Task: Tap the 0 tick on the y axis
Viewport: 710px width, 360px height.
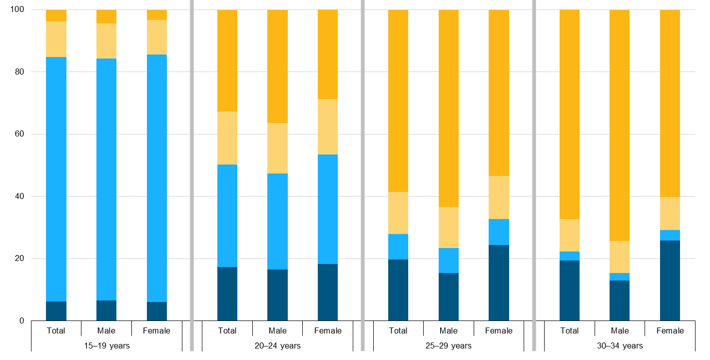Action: pyautogui.click(x=21, y=321)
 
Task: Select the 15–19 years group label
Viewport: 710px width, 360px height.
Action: pyautogui.click(x=106, y=345)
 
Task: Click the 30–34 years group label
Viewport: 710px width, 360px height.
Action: pyautogui.click(x=620, y=345)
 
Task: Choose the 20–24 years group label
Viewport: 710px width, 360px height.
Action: pyautogui.click(x=277, y=345)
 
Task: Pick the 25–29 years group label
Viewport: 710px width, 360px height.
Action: pyautogui.click(x=448, y=345)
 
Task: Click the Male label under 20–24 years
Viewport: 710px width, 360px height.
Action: pyautogui.click(x=277, y=330)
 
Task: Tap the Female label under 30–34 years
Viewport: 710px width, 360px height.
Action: pyautogui.click(x=670, y=330)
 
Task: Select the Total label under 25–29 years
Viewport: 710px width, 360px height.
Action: pyautogui.click(x=398, y=330)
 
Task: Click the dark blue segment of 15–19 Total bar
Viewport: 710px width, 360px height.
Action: pyautogui.click(x=56, y=311)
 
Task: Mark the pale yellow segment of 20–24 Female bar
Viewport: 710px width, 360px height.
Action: pyautogui.click(x=328, y=126)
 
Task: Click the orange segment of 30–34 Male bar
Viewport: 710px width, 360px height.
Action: pyautogui.click(x=620, y=125)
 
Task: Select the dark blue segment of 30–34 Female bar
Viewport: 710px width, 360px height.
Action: pyautogui.click(x=670, y=280)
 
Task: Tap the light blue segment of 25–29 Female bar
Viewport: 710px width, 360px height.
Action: pyautogui.click(x=499, y=232)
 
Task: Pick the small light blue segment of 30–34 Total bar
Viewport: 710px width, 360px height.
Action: pyautogui.click(x=570, y=256)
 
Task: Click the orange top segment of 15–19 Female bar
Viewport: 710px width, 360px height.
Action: pyautogui.click(x=157, y=15)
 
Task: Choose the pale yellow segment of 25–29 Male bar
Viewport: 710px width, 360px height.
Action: pyautogui.click(x=448, y=227)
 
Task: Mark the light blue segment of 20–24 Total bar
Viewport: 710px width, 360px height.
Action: pyautogui.click(x=227, y=215)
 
